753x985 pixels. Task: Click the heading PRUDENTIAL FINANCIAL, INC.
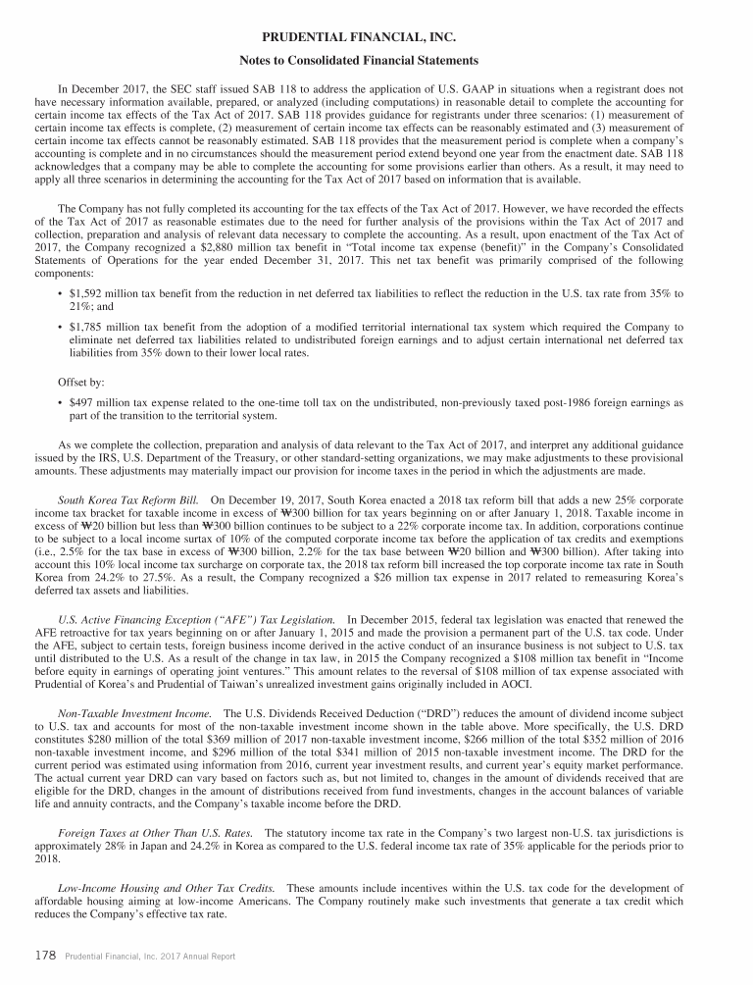tap(376, 36)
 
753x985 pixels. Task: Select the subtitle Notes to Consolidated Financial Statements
tap(376, 61)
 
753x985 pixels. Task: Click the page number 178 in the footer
tap(45, 954)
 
